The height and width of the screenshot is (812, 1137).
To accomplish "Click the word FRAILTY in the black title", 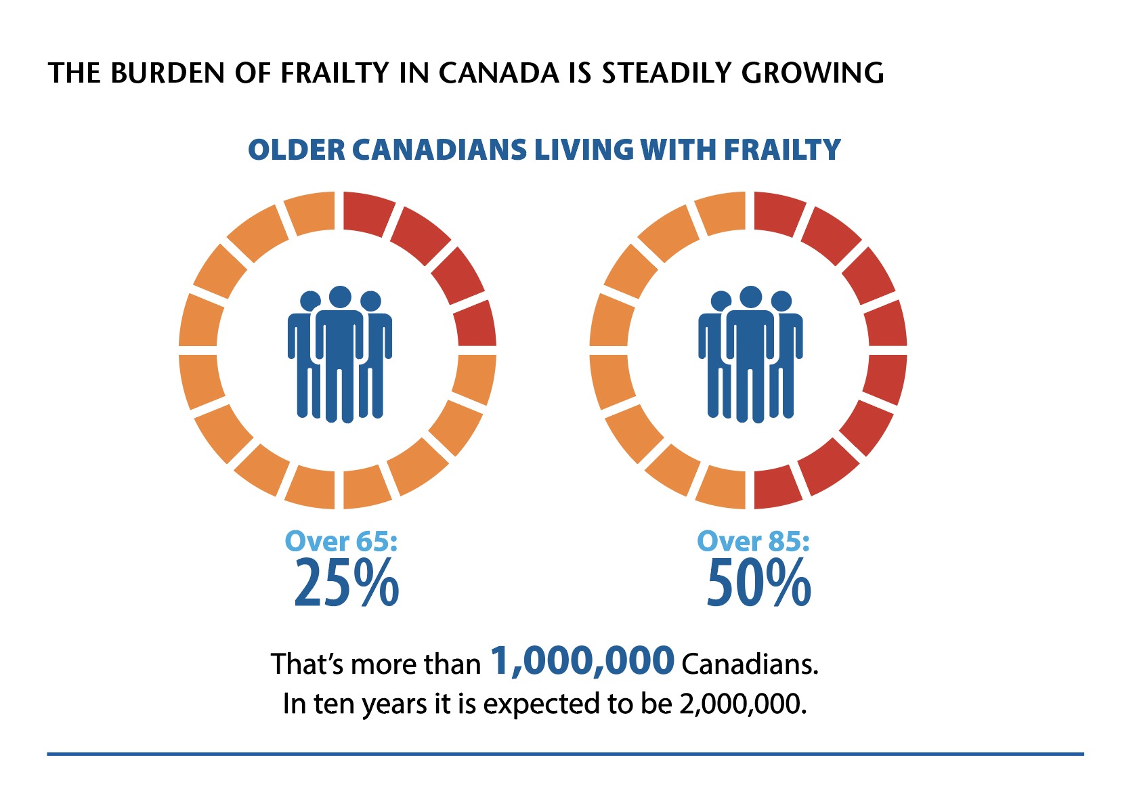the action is [x=335, y=73].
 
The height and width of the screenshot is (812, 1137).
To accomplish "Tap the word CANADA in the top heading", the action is [x=499, y=73].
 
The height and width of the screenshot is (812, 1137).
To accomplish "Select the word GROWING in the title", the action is [x=813, y=73].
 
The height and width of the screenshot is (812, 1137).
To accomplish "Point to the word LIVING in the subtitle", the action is [x=584, y=150].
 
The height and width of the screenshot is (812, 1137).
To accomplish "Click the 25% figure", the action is [x=347, y=582].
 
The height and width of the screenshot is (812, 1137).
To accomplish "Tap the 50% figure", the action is [x=759, y=582].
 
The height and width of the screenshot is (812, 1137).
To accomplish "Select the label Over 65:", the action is [x=341, y=541].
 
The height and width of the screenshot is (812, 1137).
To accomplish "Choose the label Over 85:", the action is [x=753, y=541].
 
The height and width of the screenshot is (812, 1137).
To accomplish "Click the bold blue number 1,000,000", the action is [x=582, y=661].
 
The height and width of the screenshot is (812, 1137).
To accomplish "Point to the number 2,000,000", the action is [x=743, y=704].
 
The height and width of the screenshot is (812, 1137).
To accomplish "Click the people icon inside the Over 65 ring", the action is [x=339, y=354].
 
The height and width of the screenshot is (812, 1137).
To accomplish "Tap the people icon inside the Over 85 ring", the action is [x=750, y=354].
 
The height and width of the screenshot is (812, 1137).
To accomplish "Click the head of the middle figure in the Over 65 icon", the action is [x=340, y=297].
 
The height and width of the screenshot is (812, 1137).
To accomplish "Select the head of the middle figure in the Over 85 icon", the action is [x=751, y=297].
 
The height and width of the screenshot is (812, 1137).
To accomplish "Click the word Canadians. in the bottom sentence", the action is [x=750, y=664].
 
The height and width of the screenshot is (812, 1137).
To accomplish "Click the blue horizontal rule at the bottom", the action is [x=565, y=754].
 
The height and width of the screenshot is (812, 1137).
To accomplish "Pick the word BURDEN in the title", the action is [x=167, y=73].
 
